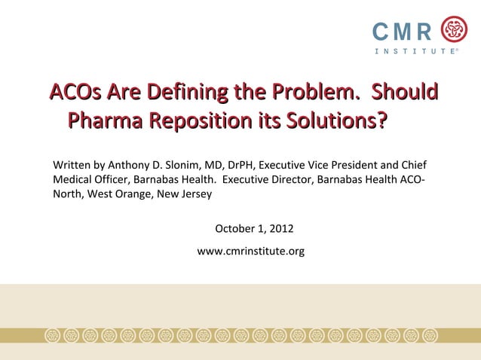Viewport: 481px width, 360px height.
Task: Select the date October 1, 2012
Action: tap(254, 229)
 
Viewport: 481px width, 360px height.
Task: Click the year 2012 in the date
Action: tap(280, 229)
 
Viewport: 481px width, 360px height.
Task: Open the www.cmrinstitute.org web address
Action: tap(250, 251)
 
